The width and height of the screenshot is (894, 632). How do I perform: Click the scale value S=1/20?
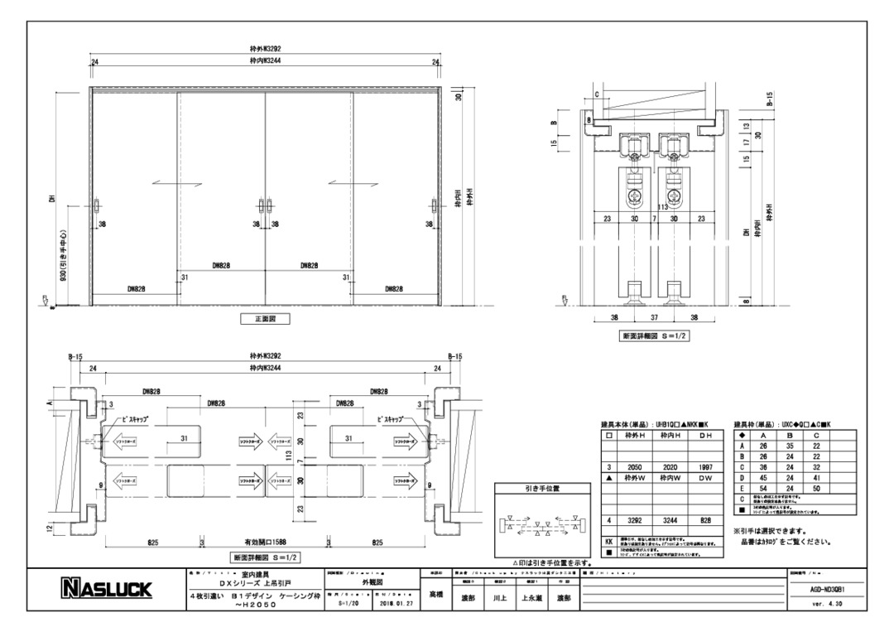point(346,604)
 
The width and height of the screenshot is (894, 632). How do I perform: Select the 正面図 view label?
point(265,318)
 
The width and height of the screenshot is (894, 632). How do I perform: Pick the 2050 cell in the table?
point(636,467)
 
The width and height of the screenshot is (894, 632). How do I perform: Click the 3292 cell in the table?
point(636,520)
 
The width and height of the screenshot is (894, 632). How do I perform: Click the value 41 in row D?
point(816,479)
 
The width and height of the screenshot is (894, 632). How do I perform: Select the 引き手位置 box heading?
point(541,489)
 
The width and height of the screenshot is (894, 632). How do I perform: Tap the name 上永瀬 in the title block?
point(530,596)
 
